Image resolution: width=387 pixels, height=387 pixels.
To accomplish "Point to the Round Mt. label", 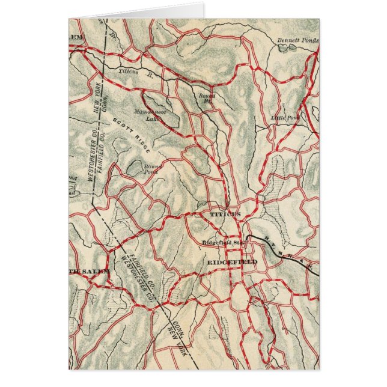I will pos(207,98).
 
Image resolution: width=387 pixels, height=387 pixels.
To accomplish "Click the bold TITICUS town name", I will pos(225,214).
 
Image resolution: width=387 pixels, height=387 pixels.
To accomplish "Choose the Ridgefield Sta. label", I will pos(222,243).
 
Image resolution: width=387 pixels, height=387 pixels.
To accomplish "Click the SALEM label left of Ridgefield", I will pos(90,271).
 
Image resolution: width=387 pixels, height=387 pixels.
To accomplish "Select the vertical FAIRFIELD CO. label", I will pos(100,165).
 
